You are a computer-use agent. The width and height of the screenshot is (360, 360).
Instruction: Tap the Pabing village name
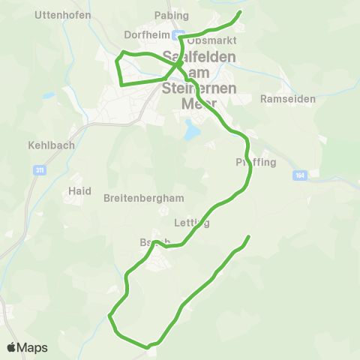(172, 15)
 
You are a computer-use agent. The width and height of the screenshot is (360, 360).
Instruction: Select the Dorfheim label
(148, 34)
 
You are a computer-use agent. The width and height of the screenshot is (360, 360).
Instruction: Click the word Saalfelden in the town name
(199, 57)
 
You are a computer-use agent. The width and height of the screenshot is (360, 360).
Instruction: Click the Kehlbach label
(51, 145)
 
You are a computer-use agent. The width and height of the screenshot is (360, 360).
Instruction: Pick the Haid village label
(79, 190)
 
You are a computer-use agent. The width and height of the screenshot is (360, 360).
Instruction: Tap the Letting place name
(191, 223)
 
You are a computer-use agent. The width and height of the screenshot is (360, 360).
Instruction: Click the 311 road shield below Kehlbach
(39, 171)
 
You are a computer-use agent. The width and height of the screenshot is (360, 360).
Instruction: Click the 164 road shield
(300, 175)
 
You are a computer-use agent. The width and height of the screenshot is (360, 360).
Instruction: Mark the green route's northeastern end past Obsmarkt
(240, 12)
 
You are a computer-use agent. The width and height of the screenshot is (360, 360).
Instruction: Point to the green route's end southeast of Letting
(247, 237)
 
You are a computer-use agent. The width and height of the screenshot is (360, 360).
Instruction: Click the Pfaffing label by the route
(256, 162)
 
